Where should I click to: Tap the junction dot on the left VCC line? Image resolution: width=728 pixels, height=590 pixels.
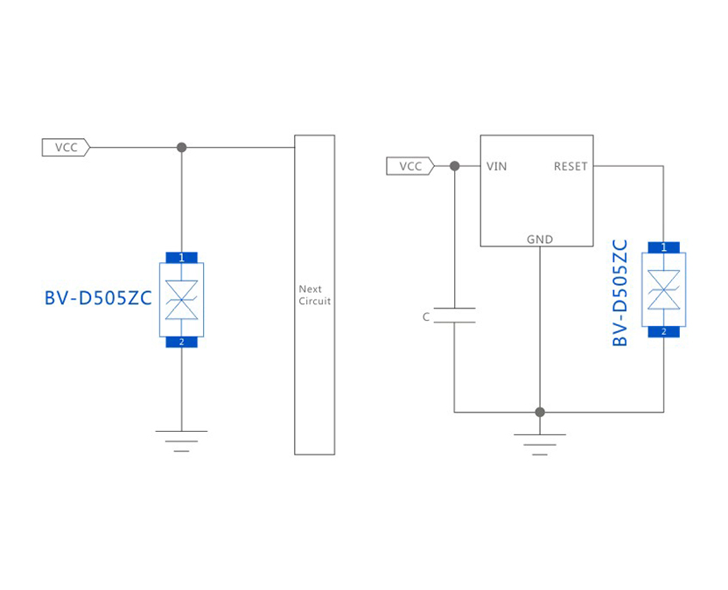click(x=182, y=148)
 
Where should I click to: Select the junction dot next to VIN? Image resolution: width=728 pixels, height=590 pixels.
click(x=454, y=166)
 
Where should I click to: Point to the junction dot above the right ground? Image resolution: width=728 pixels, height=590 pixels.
click(x=540, y=412)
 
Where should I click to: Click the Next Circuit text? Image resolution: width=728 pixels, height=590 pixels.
click(x=314, y=295)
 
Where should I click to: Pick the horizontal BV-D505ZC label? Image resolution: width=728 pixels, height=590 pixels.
click(x=98, y=299)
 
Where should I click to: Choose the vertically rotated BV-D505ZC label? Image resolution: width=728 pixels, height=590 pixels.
click(x=620, y=293)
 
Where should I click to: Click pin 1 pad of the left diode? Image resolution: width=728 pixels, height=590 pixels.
click(x=182, y=257)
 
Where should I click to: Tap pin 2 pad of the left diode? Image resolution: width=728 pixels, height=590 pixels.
click(x=182, y=342)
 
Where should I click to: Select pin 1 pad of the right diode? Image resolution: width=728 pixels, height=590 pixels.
click(x=663, y=247)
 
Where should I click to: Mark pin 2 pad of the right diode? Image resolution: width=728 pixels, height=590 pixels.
click(x=663, y=331)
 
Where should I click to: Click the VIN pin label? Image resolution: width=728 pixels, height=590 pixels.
click(x=496, y=166)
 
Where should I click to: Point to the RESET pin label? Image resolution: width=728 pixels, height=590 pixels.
click(x=570, y=166)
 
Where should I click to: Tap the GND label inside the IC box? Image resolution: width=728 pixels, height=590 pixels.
click(x=539, y=239)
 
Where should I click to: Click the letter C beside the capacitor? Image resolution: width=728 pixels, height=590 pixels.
click(x=426, y=317)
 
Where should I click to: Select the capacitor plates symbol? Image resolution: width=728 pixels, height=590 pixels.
click(x=454, y=316)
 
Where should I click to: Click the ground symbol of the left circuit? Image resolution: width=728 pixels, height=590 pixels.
click(x=182, y=441)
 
